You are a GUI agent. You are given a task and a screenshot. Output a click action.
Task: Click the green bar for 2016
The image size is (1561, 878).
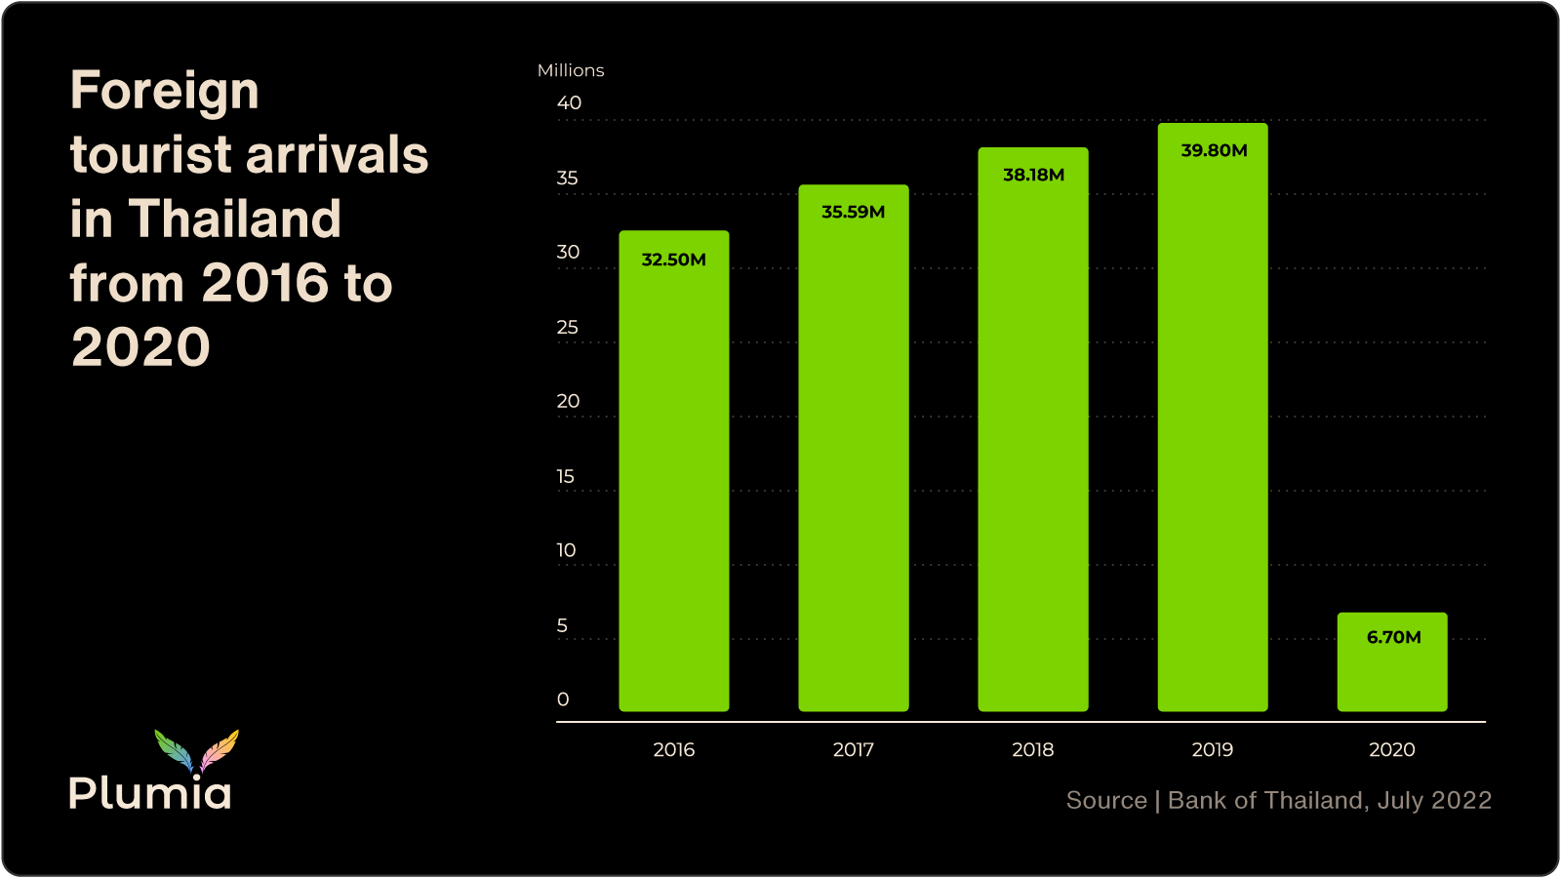click(673, 488)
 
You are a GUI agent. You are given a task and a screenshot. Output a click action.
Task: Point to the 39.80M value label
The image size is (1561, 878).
click(1214, 150)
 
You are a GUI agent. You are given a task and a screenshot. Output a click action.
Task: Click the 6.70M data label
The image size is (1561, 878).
click(1393, 637)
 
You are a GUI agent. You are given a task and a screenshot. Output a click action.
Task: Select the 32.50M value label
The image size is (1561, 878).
click(673, 259)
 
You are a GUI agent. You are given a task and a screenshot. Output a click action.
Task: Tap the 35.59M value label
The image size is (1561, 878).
click(853, 212)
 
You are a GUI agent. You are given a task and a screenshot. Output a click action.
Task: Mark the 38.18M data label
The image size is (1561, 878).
click(1033, 175)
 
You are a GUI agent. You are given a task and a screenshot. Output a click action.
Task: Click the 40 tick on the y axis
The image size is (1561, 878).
click(569, 102)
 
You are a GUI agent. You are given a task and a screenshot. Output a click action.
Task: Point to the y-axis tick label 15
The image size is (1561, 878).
click(566, 476)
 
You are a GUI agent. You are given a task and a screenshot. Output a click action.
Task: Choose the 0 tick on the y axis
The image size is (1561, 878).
click(563, 699)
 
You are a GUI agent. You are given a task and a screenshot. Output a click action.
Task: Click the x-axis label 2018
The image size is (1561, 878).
click(1032, 749)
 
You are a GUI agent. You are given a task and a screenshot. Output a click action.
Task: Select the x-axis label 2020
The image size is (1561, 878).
click(1391, 749)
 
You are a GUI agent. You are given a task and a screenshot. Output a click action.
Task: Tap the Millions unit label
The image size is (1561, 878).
click(571, 70)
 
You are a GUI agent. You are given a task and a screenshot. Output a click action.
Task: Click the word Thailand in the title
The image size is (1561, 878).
click(234, 219)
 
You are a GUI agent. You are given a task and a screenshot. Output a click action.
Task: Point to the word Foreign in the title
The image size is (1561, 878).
click(164, 92)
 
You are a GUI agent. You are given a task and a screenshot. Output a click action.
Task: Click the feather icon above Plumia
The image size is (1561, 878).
click(196, 750)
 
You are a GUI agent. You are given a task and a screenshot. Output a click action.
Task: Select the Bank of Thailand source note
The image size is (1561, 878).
click(1278, 800)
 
